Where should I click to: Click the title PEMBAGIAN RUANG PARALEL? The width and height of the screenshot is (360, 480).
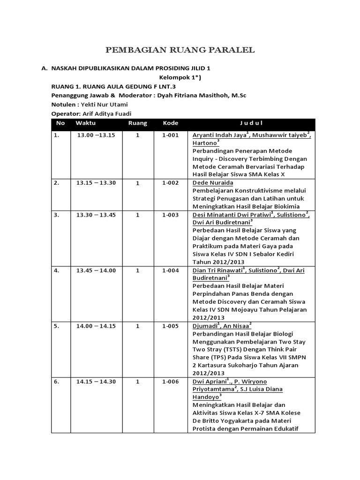[180, 50]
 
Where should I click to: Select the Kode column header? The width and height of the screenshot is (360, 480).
[170, 123]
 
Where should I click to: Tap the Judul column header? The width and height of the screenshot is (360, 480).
[251, 123]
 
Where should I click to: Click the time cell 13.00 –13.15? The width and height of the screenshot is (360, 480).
[96, 135]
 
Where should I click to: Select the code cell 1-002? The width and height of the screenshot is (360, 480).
[171, 183]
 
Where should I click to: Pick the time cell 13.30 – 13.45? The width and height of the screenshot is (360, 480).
[96, 215]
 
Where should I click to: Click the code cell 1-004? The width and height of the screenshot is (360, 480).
[171, 270]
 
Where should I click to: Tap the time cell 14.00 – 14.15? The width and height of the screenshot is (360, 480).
[96, 326]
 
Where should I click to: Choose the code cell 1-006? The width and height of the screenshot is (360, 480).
[171, 381]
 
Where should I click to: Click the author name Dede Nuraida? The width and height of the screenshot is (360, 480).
[213, 183]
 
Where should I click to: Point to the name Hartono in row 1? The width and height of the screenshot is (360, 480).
[204, 143]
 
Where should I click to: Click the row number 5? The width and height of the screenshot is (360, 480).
[56, 326]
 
